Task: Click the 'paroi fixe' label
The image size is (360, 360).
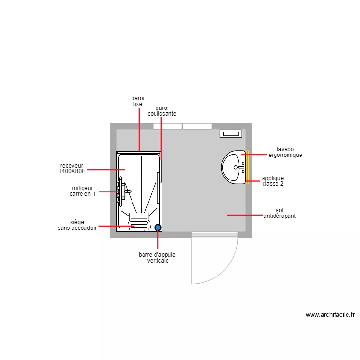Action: (138, 101)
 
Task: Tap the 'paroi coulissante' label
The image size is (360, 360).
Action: (162, 111)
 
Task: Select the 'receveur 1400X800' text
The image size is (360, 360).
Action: (72, 168)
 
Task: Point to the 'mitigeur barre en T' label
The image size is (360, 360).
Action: (83, 191)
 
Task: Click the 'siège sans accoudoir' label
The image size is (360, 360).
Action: (77, 225)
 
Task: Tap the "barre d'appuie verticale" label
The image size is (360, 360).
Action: (157, 258)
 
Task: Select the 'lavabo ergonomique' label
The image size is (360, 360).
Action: (285, 152)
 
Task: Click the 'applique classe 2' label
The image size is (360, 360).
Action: (273, 181)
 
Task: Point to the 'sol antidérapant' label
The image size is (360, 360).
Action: (279, 213)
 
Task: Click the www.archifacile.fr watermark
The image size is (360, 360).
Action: (330, 315)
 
